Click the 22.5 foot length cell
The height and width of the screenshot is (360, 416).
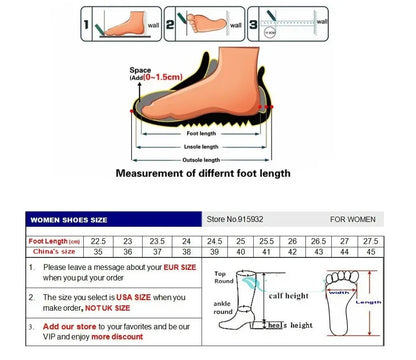click(x=99, y=241)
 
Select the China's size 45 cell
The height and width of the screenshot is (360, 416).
click(x=370, y=252)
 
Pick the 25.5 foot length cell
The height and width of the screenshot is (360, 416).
click(x=266, y=241)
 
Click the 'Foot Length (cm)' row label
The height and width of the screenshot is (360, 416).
click(x=54, y=241)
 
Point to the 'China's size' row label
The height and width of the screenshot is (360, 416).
click(x=54, y=252)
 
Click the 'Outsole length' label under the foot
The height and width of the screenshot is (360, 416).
click(x=201, y=160)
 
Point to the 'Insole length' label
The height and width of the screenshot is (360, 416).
click(x=201, y=146)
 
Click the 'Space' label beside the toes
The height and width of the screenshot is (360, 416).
click(x=140, y=70)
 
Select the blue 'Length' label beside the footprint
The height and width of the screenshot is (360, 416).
click(x=370, y=302)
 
